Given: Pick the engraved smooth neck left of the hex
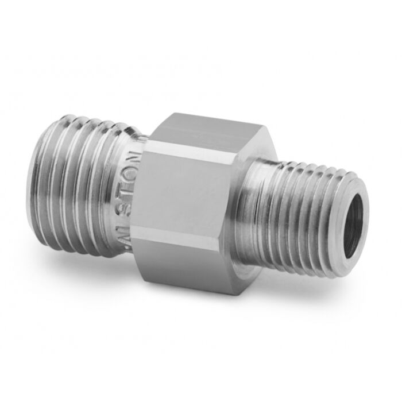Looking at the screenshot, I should [131, 195].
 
